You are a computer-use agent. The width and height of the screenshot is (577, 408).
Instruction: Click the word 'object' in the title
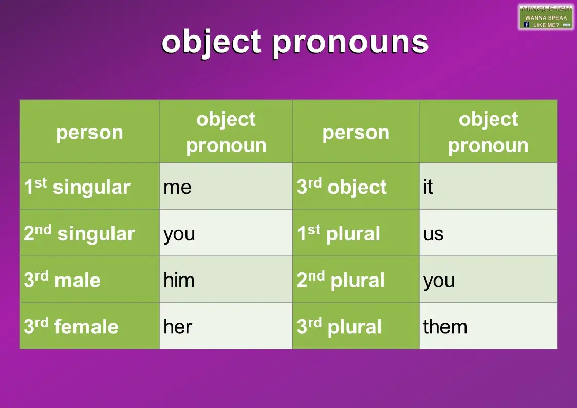212,42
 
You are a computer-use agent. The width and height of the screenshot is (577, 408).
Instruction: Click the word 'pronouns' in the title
350,42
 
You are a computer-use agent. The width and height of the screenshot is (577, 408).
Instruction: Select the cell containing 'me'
226,187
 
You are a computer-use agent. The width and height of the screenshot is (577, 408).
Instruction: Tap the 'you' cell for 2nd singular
226,233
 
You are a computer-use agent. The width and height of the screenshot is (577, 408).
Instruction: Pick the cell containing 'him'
226,280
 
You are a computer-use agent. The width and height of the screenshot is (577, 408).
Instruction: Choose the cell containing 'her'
226,327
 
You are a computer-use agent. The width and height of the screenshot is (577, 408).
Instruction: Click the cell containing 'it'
488,187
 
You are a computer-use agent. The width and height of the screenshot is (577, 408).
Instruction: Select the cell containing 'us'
488,233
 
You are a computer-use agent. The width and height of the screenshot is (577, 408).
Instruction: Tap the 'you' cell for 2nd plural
488,280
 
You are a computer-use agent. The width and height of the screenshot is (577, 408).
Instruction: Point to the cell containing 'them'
488,327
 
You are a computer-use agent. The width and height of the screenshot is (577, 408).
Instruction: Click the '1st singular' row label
77,187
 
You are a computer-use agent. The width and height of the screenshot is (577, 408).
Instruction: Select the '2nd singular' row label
79,233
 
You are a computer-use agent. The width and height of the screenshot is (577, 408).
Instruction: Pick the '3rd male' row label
62,280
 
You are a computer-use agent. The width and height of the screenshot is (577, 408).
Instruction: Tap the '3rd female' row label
71,327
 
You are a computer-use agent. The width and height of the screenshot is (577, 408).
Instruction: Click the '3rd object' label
342,187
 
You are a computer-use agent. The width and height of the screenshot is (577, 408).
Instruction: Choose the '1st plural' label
339,233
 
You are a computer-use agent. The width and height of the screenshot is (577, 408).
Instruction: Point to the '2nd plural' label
341,280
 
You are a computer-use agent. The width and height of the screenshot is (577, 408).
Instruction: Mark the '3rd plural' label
339,327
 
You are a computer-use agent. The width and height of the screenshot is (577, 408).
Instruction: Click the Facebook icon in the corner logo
526,25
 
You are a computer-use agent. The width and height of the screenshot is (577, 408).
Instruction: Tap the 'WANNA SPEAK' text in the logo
546,17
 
